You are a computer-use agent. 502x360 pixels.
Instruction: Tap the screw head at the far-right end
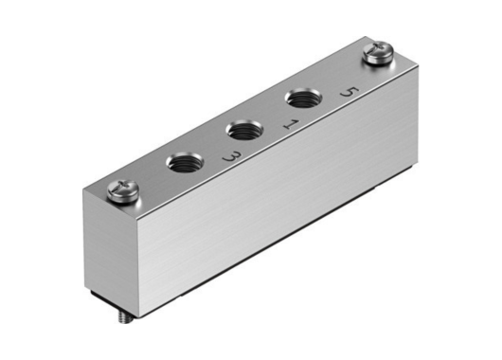(375, 55)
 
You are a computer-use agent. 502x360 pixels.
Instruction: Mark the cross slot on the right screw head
(375, 54)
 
